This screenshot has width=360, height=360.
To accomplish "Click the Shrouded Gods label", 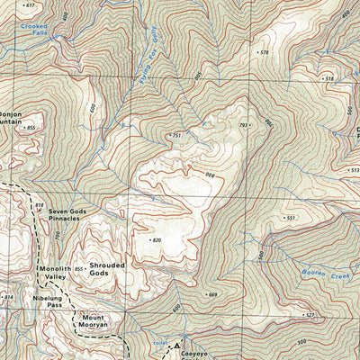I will [107, 270].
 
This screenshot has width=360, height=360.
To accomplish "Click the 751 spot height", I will [177, 135].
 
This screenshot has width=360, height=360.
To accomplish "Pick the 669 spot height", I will [211, 294].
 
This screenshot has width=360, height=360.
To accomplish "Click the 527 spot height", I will [308, 315].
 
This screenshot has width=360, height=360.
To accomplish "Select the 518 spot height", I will [328, 79].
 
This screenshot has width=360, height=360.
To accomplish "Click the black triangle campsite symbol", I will [178, 345].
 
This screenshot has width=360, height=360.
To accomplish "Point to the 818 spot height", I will [39, 206].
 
